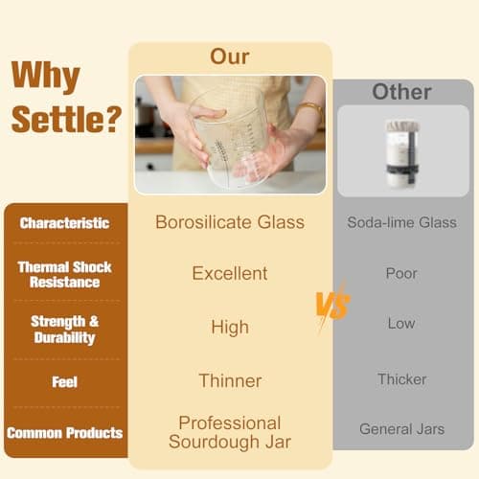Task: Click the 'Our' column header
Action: coord(230,57)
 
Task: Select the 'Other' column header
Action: coord(401,93)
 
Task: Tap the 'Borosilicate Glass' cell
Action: coord(230,222)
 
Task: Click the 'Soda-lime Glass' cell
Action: coord(401,223)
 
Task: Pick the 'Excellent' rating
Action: coord(230,274)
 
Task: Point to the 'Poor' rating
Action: coord(401,274)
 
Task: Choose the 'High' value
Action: coord(230,328)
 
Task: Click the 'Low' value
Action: coord(401,324)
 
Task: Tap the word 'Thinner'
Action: coord(230,381)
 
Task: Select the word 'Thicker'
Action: coord(401,379)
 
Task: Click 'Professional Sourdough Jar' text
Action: coord(230,432)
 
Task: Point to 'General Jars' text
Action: coord(401,429)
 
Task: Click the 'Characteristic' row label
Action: coord(65,223)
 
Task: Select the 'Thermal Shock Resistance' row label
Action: coord(65,275)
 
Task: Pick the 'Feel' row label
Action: coord(65,382)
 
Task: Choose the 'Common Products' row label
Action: coord(65,433)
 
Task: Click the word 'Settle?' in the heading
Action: coord(66,122)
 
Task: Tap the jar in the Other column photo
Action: coord(402,153)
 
